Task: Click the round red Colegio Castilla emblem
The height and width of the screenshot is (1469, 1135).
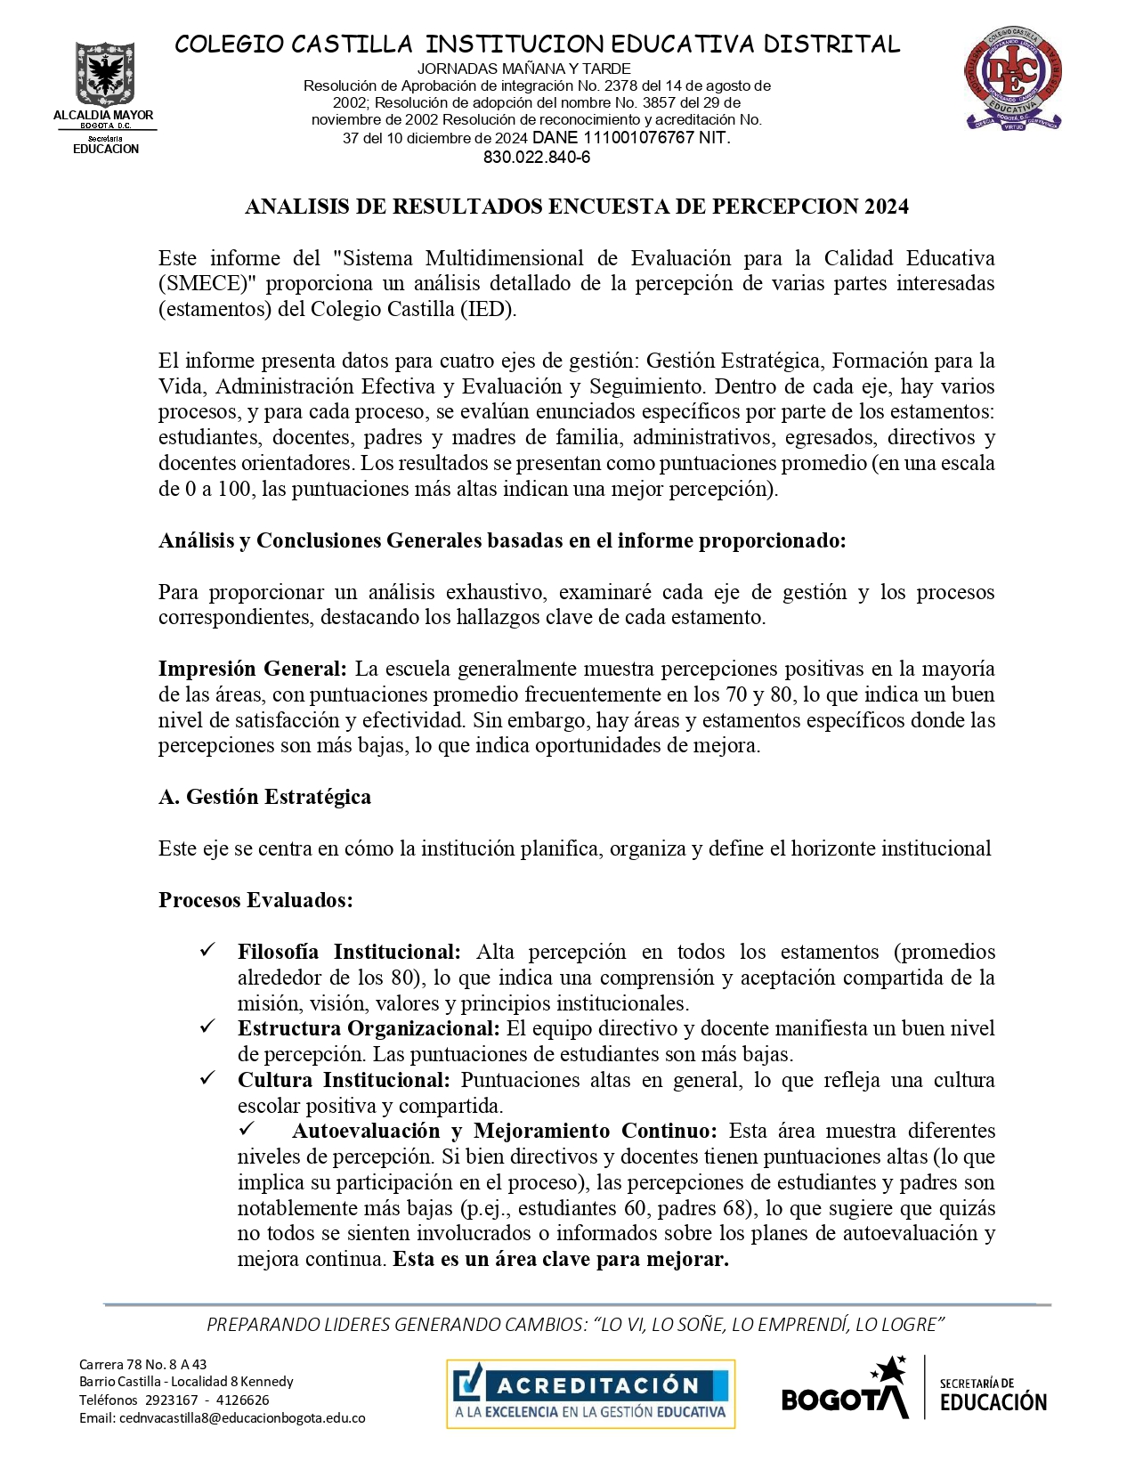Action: click(x=1013, y=77)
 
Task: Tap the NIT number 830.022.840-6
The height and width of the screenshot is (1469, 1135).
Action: click(x=537, y=158)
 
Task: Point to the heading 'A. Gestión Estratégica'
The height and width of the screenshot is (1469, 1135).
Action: click(x=264, y=797)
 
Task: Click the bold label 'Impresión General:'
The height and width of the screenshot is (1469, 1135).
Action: click(x=253, y=669)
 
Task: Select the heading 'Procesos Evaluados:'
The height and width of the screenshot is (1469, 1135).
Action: click(x=255, y=900)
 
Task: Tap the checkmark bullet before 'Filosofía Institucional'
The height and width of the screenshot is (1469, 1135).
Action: click(x=207, y=951)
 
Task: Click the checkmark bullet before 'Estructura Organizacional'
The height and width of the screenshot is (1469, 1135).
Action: click(x=207, y=1027)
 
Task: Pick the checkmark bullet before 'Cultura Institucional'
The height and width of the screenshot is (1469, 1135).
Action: click(x=207, y=1079)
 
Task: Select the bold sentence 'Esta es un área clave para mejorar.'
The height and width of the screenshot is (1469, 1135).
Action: click(x=561, y=1260)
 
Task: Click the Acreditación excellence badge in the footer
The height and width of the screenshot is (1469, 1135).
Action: click(x=590, y=1393)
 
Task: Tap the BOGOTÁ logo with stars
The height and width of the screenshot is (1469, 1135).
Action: click(x=846, y=1389)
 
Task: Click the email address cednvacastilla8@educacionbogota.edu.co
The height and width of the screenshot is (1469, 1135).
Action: click(x=222, y=1418)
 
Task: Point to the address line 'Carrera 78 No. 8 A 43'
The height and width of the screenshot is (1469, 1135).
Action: click(x=143, y=1364)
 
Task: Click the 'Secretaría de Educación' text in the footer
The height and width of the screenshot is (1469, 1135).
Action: click(x=993, y=1394)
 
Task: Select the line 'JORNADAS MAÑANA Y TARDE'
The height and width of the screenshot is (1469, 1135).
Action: click(x=524, y=69)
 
